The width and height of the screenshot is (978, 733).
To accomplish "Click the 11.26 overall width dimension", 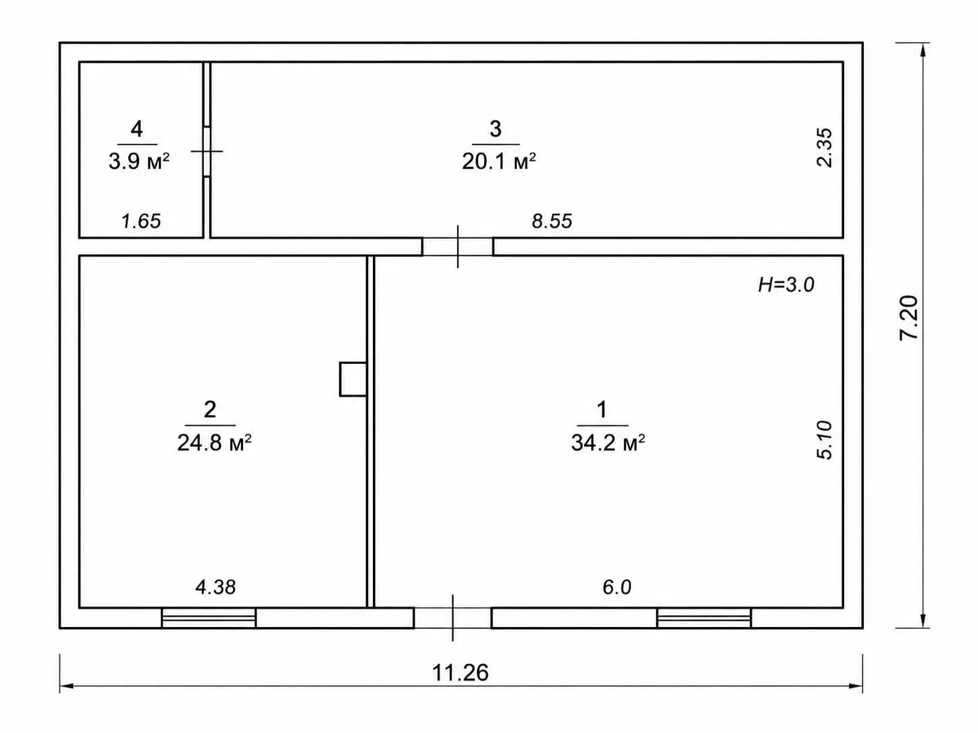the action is click(460, 673).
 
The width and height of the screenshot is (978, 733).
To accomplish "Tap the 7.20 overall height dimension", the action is click(908, 318).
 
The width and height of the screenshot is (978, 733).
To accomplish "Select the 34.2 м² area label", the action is click(608, 443).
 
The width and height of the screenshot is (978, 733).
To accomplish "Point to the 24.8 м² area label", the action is click(214, 443).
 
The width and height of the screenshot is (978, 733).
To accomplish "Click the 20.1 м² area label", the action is click(498, 161).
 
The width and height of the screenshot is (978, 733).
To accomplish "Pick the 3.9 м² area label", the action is click(139, 161).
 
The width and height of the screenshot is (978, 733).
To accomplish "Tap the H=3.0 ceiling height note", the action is click(786, 284).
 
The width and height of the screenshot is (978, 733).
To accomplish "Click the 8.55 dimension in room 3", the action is click(552, 221).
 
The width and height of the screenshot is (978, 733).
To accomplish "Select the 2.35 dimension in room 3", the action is click(824, 148).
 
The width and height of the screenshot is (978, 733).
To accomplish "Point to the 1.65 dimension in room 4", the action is click(141, 221).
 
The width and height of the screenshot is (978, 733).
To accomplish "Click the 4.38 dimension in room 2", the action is click(215, 587).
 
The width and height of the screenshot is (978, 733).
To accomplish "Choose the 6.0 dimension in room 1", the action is click(617, 587).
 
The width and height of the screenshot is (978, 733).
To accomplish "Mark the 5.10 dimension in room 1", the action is click(824, 439).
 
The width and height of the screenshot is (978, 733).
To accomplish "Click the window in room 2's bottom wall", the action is click(209, 618).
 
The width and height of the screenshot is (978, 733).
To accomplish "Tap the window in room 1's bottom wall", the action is click(704, 618).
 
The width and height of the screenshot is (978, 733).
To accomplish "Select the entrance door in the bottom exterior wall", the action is click(453, 618).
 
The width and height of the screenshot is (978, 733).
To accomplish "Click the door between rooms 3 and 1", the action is click(458, 246).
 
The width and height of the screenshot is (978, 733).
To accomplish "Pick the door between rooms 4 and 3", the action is click(207, 151).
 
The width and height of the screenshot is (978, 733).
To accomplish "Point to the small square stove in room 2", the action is click(353, 379).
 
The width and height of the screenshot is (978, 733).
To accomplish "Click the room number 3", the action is click(496, 129).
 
